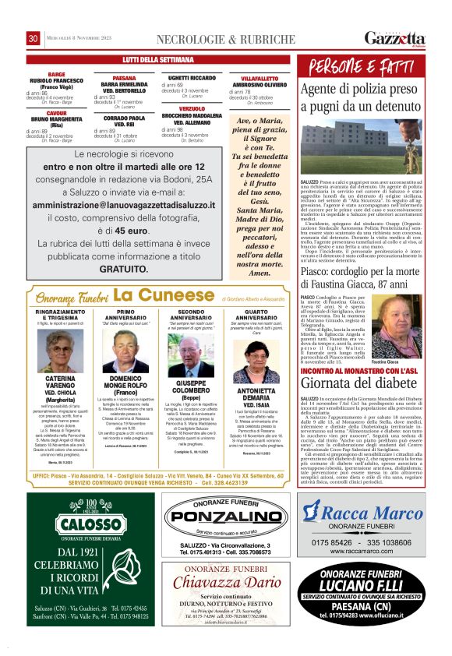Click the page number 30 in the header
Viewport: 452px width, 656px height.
point(34,38)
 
